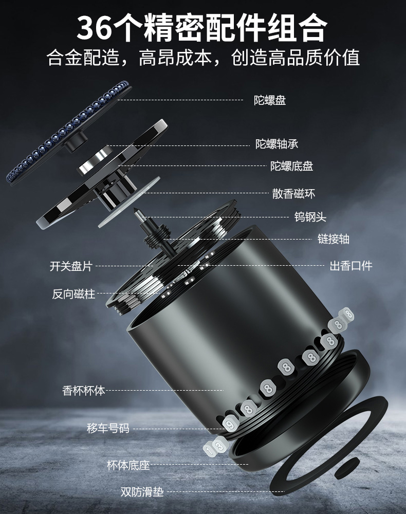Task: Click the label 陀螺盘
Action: click(x=270, y=100)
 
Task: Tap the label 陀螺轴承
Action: click(x=277, y=144)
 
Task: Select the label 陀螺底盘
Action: click(x=291, y=166)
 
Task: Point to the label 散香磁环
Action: click(x=293, y=194)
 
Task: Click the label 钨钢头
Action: click(x=310, y=217)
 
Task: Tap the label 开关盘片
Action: click(x=71, y=266)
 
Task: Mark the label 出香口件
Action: click(x=350, y=266)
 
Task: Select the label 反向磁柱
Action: click(x=73, y=295)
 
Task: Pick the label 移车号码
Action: click(x=108, y=428)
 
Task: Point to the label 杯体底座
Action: click(x=128, y=466)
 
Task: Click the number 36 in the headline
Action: click(x=95, y=28)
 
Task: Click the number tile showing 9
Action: click(x=229, y=423)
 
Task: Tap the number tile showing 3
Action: click(x=220, y=446)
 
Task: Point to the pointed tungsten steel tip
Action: click(x=137, y=211)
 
